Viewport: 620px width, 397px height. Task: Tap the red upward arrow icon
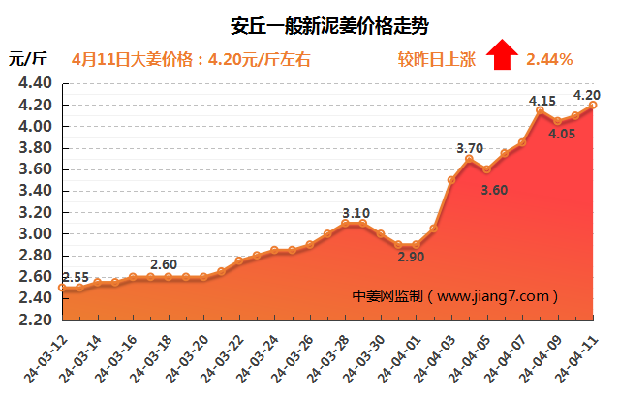tap(501, 55)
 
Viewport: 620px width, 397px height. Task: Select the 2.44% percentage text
tap(549, 59)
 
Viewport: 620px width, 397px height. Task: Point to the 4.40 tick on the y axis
tap(34, 83)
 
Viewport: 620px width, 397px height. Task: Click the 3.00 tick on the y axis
tap(34, 234)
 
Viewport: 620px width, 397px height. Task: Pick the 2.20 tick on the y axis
tap(34, 321)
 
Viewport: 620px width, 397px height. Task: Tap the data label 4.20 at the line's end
tap(587, 95)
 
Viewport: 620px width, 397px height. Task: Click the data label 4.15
tap(542, 101)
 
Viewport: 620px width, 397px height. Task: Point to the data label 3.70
tap(470, 148)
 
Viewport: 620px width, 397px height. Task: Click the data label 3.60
tap(494, 190)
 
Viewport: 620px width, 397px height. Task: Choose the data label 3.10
tap(356, 213)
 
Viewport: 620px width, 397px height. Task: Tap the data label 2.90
tap(410, 259)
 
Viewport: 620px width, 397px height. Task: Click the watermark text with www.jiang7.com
tap(457, 295)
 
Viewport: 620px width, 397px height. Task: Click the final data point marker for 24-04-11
tap(593, 106)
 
